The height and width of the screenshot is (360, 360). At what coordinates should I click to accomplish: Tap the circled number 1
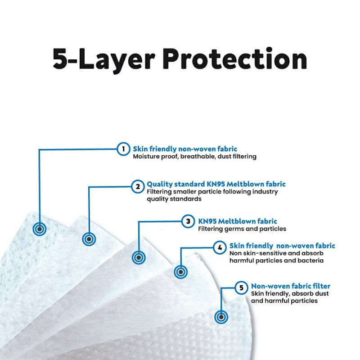coord(123,149)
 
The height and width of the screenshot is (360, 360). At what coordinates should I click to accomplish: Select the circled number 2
coord(137,185)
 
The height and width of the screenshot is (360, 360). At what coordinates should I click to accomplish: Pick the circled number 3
coord(188,221)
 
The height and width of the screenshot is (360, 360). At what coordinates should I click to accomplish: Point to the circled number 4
coord(219,247)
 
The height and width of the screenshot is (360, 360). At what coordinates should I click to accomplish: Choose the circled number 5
coord(241,287)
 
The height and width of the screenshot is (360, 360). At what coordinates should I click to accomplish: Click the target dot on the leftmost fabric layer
coord(40,229)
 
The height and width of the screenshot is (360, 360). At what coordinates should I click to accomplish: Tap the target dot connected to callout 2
coord(88,239)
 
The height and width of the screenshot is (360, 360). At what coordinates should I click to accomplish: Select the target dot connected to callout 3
coord(138,258)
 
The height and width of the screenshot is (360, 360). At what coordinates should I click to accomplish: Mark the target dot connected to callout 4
coord(180,272)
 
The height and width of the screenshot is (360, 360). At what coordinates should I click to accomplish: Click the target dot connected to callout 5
coord(221,316)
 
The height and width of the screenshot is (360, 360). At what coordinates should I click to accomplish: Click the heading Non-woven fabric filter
coord(291,286)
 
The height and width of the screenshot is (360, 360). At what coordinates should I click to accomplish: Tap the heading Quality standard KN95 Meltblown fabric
coord(216,184)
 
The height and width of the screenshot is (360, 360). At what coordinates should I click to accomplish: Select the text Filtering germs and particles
coord(242,229)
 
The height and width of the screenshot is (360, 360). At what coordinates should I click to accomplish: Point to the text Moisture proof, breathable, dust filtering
coord(194,157)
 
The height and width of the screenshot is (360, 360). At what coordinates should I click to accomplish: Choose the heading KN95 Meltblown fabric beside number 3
coord(238,221)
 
